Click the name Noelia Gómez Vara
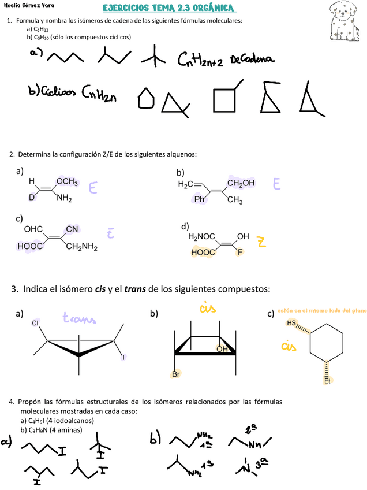coord(28,8)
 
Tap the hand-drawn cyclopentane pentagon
coord(146,99)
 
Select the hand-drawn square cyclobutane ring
coord(224,99)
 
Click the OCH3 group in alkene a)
coord(67,181)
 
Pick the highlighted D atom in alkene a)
coord(32,198)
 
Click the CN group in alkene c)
coord(72,229)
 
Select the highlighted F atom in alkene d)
coord(239,252)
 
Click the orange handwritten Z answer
coord(261,243)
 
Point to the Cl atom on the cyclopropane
coord(35,323)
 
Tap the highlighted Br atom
coord(175,374)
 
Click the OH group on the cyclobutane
coord(222,350)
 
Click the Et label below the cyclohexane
coord(327,381)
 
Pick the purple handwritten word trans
coord(79,318)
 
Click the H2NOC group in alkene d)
coord(201,236)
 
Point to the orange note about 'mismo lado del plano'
coord(321,311)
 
